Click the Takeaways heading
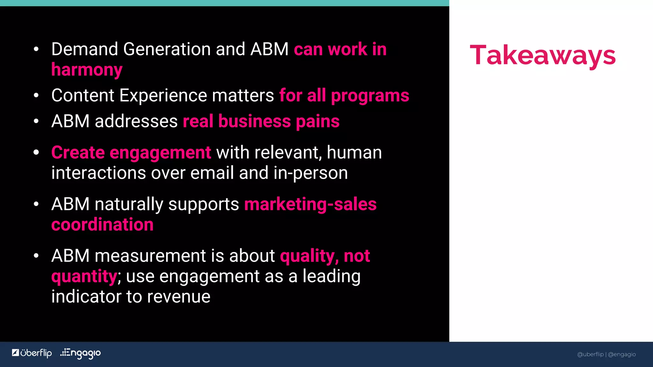[543, 55]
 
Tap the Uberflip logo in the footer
[32, 353]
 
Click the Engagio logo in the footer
[81, 353]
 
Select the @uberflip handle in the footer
[590, 354]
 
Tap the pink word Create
[78, 152]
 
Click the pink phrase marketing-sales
[310, 204]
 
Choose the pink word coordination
[102, 225]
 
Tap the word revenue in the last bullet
[179, 297]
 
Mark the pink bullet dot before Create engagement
[36, 152]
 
